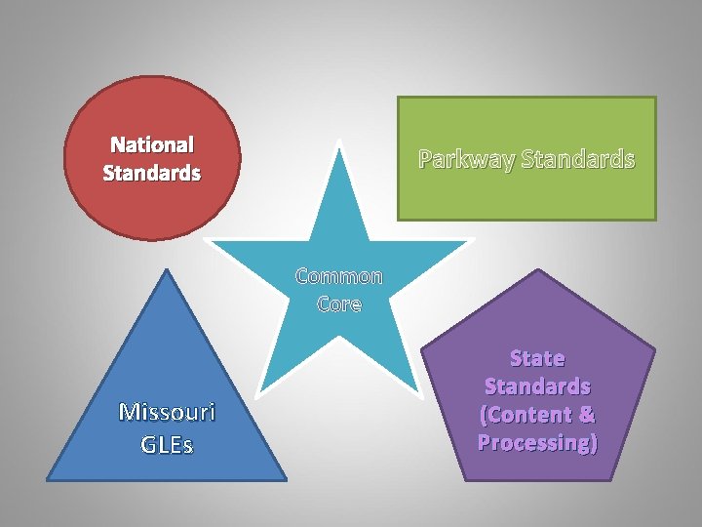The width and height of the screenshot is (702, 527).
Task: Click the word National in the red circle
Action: pos(152,145)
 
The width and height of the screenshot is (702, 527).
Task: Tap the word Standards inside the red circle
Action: pos(152,174)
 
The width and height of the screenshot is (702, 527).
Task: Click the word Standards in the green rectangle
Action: pos(578,158)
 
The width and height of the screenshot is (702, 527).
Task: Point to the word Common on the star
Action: pos(339,276)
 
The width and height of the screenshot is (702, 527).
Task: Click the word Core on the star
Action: pos(339,304)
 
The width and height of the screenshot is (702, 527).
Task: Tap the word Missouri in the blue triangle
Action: pos(167,412)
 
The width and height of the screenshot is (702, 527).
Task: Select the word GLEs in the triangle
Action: pos(167,445)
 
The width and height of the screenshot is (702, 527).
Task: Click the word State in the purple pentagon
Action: pos(537,358)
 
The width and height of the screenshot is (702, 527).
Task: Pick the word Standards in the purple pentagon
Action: pos(537,385)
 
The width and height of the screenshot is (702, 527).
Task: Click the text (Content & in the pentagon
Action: pos(537,414)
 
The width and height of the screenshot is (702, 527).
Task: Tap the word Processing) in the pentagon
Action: pos(537,442)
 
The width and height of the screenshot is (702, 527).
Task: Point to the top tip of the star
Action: pos(339,142)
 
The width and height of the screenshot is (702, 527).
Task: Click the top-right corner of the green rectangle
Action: pos(655,98)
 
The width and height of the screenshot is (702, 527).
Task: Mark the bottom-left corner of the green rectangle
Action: pos(398,219)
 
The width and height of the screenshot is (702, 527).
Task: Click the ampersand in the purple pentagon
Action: pos(586,414)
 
